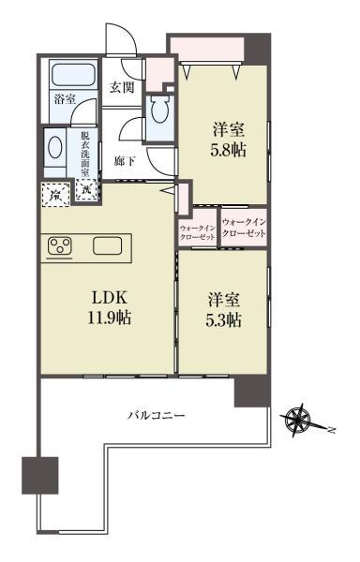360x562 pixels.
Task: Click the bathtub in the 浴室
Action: [x=70, y=75]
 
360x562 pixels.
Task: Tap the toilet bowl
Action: [x=159, y=115]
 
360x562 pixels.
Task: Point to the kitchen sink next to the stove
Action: [x=106, y=247]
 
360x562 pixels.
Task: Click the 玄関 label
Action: [x=122, y=88]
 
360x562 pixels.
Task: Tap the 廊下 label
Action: [x=124, y=161]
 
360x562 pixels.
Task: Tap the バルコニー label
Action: [x=157, y=414]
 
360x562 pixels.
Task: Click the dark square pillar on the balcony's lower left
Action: [x=40, y=475]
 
